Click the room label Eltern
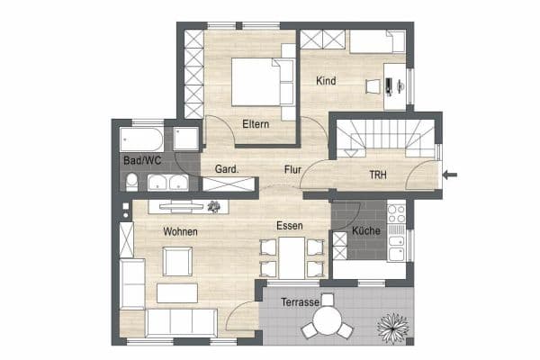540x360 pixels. tap(256, 124)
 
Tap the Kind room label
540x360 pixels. tap(326, 81)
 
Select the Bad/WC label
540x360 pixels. tap(142, 160)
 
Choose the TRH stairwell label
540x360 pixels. tap(380, 174)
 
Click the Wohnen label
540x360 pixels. tap(180, 231)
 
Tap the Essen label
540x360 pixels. tap(290, 226)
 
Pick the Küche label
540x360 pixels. tap(366, 231)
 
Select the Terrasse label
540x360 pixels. tap(300, 302)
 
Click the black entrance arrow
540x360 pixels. tap(451, 174)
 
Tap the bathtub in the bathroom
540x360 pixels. tap(141, 139)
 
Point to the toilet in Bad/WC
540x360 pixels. tap(131, 183)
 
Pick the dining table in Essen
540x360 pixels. tap(290, 256)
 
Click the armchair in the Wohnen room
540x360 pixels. tap(176, 262)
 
